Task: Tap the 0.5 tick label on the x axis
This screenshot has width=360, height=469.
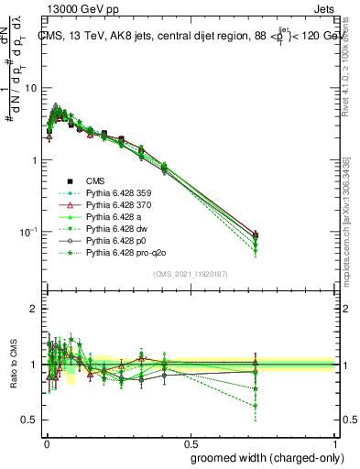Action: point(191,442)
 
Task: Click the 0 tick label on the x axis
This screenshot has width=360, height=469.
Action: point(46,442)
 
